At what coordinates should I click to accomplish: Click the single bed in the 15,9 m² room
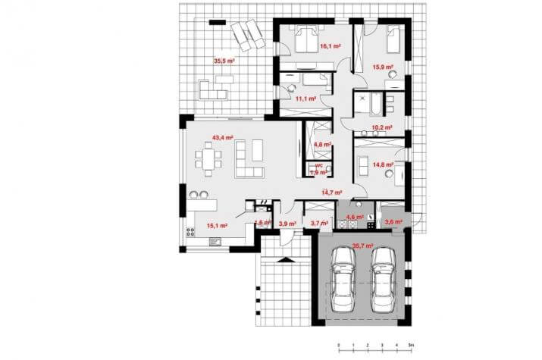click(392, 39)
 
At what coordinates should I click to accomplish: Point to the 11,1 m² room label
click(305, 99)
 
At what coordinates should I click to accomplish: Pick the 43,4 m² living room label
click(222, 138)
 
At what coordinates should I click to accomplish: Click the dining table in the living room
click(208, 160)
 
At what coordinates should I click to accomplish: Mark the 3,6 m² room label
click(393, 222)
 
